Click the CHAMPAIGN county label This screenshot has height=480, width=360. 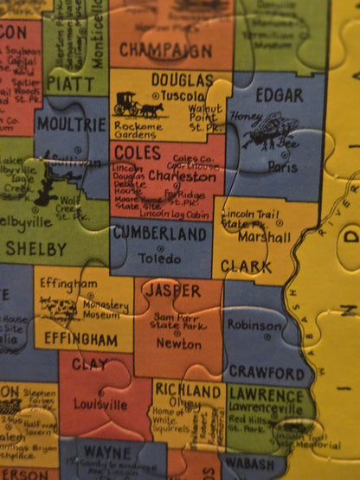click(164, 50)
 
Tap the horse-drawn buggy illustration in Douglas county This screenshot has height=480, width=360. click(138, 106)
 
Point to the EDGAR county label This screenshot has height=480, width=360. click(280, 95)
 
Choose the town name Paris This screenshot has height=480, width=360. click(277, 166)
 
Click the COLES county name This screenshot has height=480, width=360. click(136, 152)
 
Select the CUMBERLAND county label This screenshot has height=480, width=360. click(159, 234)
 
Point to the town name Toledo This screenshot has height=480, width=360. click(159, 258)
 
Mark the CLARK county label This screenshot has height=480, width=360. click(246, 267)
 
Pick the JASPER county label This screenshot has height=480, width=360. click(173, 291)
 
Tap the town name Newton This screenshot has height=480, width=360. click(179, 343)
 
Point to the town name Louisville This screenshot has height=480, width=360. click(100, 404)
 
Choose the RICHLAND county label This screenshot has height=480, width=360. click(188, 391)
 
